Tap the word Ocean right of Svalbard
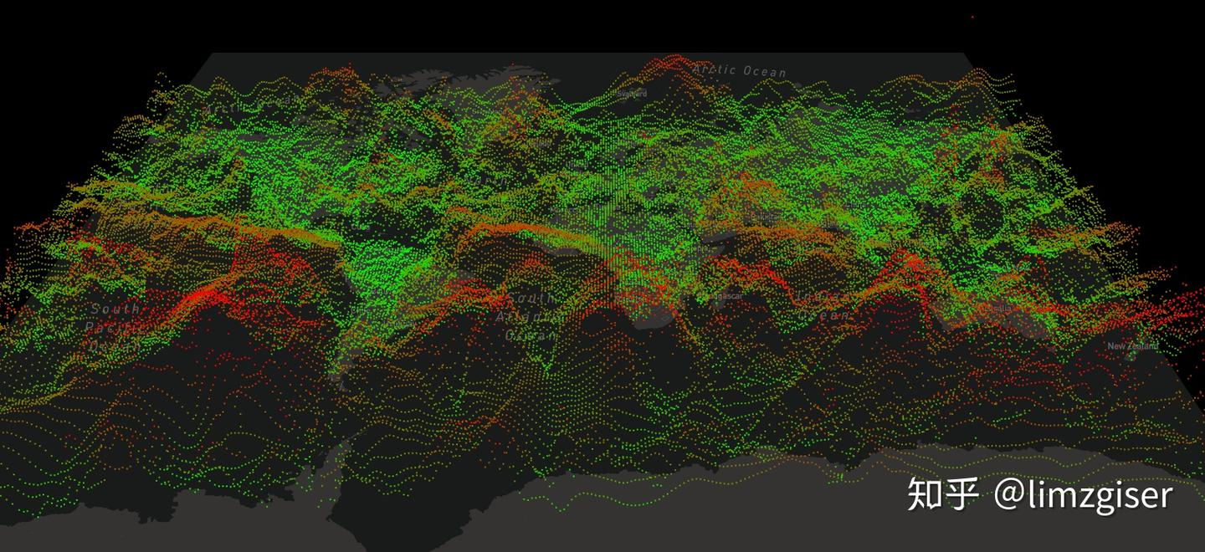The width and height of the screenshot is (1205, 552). coord(763,72)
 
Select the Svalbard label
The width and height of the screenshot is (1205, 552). coord(632,94)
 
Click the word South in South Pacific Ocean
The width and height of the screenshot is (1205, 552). coord(116,309)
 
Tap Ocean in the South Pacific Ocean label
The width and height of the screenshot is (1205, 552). coord(112,345)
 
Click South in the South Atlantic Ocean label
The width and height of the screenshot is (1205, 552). coord(530,299)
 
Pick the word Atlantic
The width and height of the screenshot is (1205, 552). coord(530,318)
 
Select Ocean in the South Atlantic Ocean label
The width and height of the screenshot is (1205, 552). coord(531,335)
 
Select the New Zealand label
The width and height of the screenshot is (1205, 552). coord(1133,346)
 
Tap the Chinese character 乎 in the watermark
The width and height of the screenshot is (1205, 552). coord(961,494)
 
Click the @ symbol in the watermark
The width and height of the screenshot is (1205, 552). coord(1009,495)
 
